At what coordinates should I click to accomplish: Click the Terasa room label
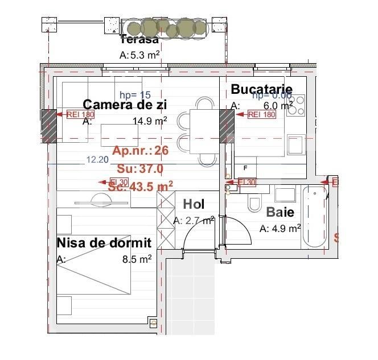(x=139, y=39)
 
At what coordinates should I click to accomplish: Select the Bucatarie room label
(x=261, y=89)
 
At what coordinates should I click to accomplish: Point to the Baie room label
(x=280, y=212)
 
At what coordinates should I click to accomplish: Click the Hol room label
(x=193, y=205)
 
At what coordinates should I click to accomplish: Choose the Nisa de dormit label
(x=104, y=243)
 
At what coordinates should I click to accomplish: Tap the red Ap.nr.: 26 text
(x=140, y=151)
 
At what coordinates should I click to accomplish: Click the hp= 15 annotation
(x=135, y=95)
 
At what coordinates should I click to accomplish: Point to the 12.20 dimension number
(x=97, y=160)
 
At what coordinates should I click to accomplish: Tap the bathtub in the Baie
(x=314, y=217)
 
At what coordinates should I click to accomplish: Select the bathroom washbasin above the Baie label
(x=284, y=195)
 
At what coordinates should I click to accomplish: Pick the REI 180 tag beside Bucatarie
(x=261, y=114)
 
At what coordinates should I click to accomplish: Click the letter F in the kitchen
(x=245, y=168)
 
